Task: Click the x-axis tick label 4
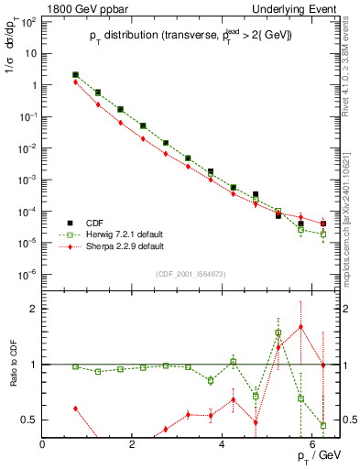point(223,444)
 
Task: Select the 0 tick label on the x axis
point(43,444)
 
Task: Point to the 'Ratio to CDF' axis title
point(12,376)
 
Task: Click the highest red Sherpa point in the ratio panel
point(300,327)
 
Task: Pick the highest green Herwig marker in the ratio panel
point(278,333)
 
